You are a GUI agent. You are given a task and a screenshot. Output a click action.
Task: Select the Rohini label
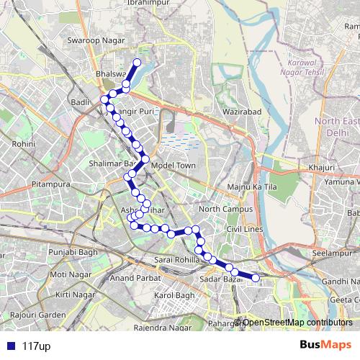pos(24,144)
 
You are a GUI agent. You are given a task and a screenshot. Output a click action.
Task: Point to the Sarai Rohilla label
pos(175,258)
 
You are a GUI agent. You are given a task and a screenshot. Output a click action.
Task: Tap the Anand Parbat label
pos(135,277)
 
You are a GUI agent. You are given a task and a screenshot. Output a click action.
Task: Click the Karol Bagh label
pos(175,295)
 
